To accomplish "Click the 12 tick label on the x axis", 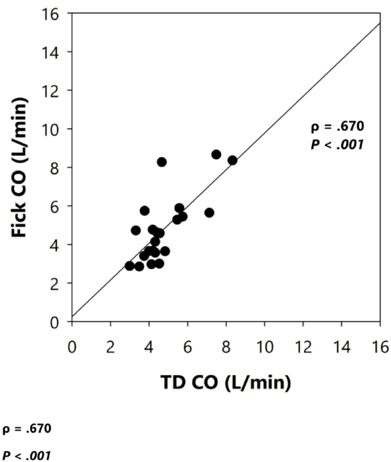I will click(x=303, y=347).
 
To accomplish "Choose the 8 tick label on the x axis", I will click(x=226, y=347).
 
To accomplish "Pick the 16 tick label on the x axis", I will click(x=380, y=347).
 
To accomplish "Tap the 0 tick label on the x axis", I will click(x=72, y=347).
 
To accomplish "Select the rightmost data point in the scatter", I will click(x=232, y=160).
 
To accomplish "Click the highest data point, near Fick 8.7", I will click(x=216, y=154).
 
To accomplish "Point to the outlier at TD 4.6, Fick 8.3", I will click(x=162, y=162).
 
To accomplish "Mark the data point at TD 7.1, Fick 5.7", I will click(x=209, y=212).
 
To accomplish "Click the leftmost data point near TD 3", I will click(x=130, y=266).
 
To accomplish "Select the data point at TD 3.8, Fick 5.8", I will click(x=144, y=211).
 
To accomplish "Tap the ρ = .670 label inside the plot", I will click(x=336, y=125).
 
